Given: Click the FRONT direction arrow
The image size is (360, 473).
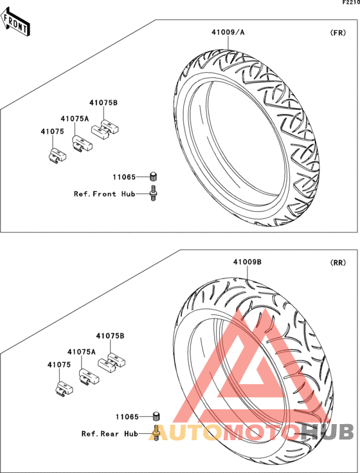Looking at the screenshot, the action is click(x=15, y=23).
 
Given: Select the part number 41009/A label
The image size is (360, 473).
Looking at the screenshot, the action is click(x=228, y=32).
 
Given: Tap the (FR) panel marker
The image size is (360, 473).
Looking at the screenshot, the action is click(x=338, y=33).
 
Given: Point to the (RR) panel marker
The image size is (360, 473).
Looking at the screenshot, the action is click(x=338, y=263).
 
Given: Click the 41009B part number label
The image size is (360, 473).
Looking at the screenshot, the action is click(x=248, y=262).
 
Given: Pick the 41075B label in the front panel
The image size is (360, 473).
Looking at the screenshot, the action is click(x=104, y=103).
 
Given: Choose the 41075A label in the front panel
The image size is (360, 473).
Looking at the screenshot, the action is click(x=75, y=119).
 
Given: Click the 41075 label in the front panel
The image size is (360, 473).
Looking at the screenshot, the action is click(x=53, y=131).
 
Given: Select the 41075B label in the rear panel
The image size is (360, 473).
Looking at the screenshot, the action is click(x=110, y=336).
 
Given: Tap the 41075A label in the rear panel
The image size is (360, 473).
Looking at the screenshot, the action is click(x=82, y=352).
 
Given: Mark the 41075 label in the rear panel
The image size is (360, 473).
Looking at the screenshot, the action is click(x=59, y=365).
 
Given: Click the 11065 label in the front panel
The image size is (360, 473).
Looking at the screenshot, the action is click(x=124, y=177).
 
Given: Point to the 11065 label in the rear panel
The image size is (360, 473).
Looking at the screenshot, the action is click(x=127, y=417).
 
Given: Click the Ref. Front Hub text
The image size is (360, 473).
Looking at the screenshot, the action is click(x=105, y=194).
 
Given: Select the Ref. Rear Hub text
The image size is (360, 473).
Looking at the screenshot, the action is click(x=110, y=434).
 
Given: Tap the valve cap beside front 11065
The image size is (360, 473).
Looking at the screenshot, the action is click(x=154, y=176).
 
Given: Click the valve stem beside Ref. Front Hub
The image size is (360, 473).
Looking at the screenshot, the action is click(x=154, y=193).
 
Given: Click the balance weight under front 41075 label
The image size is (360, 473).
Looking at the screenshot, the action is click(x=58, y=156).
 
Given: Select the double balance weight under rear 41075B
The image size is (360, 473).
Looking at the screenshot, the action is click(x=112, y=362).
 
